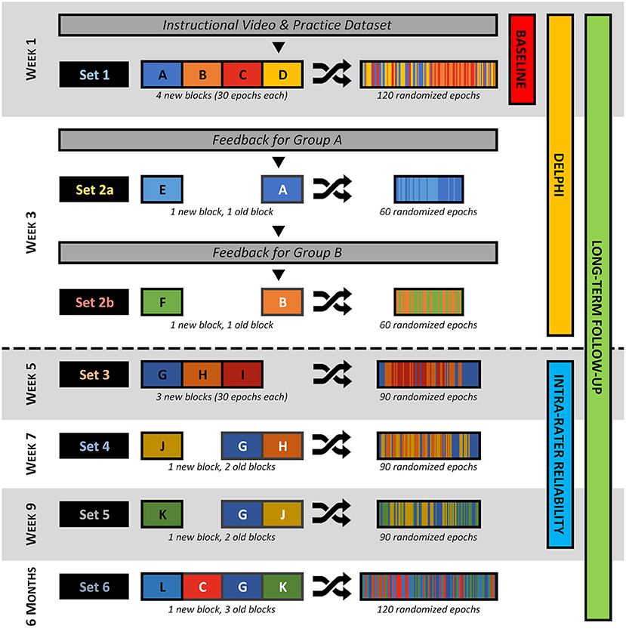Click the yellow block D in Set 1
(x=282, y=76)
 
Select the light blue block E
(x=162, y=191)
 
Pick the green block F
(x=162, y=304)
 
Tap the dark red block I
(x=242, y=374)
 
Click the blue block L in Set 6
(x=162, y=587)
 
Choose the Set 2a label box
(x=90, y=191)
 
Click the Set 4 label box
(x=90, y=446)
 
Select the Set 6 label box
(x=90, y=587)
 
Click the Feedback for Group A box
(x=277, y=140)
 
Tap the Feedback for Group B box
(x=277, y=253)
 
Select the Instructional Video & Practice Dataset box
(x=277, y=25)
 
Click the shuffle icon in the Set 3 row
(x=332, y=374)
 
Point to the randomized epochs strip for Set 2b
(x=429, y=304)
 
